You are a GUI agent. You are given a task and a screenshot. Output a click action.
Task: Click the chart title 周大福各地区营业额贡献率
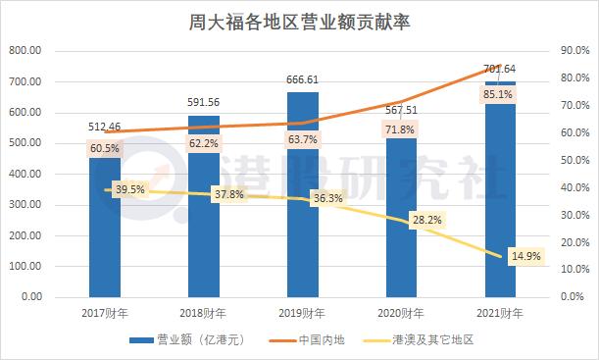[x=299, y=19]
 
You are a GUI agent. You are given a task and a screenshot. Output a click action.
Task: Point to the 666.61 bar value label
[x=303, y=79]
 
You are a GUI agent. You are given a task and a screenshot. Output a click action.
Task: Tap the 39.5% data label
[x=129, y=190]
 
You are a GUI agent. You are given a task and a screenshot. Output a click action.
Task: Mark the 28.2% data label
[x=425, y=221]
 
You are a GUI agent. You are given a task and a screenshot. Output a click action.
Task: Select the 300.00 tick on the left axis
[x=25, y=204]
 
